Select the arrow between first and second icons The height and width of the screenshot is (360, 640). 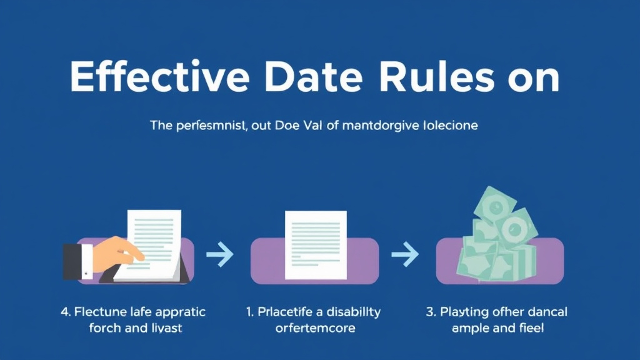click(219, 254)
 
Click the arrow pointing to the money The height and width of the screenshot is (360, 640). click(404, 254)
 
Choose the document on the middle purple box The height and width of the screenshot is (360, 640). click(315, 244)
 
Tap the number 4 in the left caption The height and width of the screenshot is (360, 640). click(65, 312)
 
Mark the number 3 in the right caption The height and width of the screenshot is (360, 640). click(431, 312)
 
